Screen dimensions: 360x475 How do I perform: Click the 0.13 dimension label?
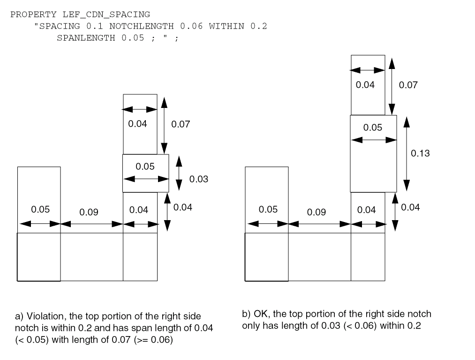(x=420, y=153)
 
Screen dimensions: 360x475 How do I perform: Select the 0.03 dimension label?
(x=198, y=179)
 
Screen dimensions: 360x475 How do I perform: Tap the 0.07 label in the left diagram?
(x=181, y=124)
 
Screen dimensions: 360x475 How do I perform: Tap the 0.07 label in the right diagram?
(x=408, y=85)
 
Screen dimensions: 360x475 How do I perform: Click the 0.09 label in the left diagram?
(x=89, y=212)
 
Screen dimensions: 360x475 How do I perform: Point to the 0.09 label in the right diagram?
(x=317, y=212)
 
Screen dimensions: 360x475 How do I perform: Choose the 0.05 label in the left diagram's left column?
(x=40, y=209)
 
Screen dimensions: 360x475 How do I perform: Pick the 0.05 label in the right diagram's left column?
(x=268, y=209)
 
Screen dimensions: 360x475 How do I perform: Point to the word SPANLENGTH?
(x=86, y=38)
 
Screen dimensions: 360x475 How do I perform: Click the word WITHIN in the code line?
(x=226, y=26)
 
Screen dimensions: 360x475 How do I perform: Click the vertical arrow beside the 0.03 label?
(x=179, y=173)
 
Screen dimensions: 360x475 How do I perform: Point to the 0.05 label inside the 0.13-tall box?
(x=373, y=128)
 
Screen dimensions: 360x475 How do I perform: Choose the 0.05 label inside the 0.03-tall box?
(x=145, y=166)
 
